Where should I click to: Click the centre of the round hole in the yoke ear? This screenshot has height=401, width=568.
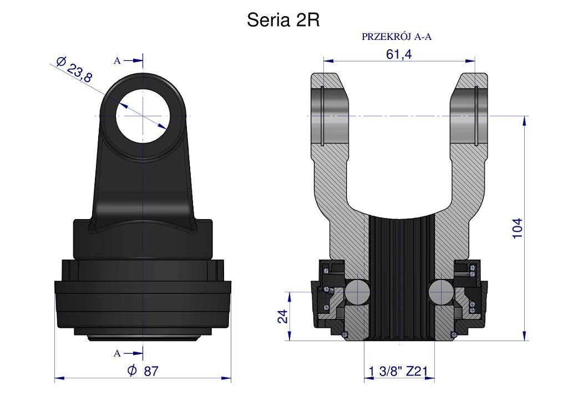143,116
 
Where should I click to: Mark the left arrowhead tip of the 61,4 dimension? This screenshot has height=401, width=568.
323,61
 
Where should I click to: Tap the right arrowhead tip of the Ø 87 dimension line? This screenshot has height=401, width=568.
231,378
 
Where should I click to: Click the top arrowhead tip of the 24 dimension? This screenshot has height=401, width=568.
290,292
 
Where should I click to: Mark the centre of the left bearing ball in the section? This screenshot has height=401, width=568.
357,292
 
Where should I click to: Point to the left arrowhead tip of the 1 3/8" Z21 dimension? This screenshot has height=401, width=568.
364,378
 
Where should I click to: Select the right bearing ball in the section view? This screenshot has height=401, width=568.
440,292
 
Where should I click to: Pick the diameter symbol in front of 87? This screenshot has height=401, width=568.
132,370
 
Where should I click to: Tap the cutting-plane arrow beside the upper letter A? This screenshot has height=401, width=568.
133,61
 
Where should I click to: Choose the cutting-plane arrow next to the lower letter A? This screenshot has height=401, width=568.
133,353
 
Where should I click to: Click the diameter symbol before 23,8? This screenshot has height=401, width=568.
61,62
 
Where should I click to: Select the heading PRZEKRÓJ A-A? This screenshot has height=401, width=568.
397,37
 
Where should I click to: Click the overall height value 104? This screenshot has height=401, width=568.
518,228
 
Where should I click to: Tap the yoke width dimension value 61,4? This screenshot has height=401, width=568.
399,54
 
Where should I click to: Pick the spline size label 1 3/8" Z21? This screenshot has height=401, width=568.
398,371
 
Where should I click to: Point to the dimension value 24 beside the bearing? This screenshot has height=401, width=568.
283,316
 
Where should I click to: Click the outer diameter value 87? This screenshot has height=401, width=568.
151,371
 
